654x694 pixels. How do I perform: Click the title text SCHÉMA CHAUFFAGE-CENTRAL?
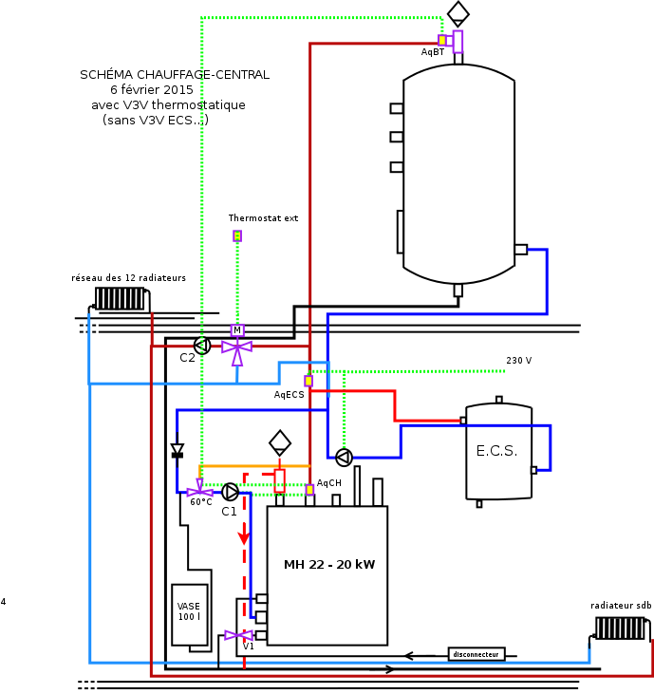[x=175, y=74]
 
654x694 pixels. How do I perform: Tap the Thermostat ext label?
[x=263, y=218]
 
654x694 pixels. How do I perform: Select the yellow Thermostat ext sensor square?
[x=237, y=235]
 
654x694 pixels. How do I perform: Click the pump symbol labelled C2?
[x=201, y=345]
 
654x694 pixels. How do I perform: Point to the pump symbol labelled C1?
[x=231, y=491]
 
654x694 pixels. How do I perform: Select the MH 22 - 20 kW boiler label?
[x=328, y=565]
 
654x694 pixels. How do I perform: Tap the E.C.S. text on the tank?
[x=496, y=451]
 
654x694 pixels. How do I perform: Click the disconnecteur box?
[x=476, y=654]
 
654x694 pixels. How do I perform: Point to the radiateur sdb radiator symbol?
[x=621, y=628]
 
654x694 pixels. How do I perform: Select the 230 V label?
[x=518, y=361]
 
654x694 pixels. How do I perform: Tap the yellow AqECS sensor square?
[x=308, y=381]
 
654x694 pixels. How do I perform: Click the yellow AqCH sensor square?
[x=309, y=490]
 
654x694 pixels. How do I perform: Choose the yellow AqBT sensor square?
[x=442, y=40]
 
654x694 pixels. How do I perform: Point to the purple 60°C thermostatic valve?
[x=199, y=491]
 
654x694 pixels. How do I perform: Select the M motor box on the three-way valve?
[x=237, y=330]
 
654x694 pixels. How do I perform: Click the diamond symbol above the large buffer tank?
[x=458, y=12]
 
